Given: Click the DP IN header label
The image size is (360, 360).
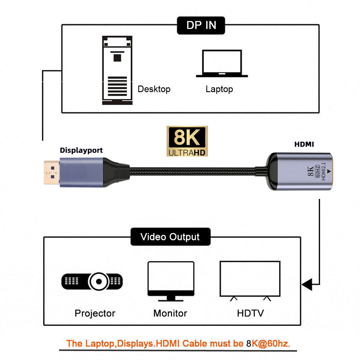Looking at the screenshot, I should click(x=201, y=25).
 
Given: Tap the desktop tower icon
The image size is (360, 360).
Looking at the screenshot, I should click(x=117, y=70).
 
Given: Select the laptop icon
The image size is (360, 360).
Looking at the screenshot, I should click(x=222, y=64).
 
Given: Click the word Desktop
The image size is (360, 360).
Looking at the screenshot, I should click(x=154, y=89).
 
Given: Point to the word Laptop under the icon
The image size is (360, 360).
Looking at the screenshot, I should click(x=219, y=89).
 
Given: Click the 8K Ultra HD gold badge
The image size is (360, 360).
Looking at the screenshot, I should click(x=187, y=141).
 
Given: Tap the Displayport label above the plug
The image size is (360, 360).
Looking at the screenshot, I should click(x=81, y=150).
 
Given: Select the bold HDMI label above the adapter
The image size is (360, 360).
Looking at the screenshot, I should click(x=304, y=144).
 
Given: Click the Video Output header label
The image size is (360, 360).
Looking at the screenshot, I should click(x=170, y=237).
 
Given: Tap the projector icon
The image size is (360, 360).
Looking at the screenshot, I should click(x=92, y=281).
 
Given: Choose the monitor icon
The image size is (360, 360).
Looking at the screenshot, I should click(x=171, y=280).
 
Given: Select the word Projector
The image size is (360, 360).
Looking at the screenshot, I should click(x=95, y=313).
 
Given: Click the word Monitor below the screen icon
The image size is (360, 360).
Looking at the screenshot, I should click(x=170, y=313).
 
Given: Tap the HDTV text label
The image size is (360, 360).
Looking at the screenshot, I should click(x=250, y=313).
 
